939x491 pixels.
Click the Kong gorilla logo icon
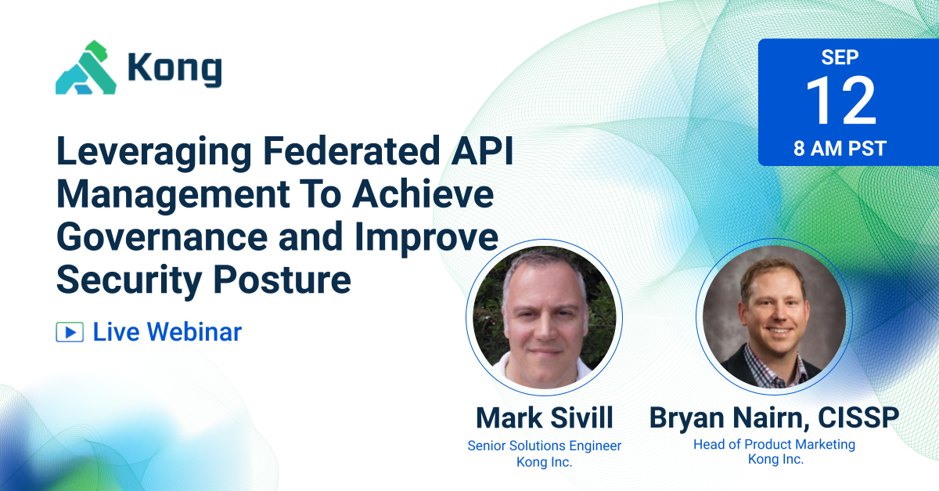click(x=85, y=68)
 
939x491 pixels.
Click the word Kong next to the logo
click(x=174, y=70)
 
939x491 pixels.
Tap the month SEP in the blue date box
click(x=840, y=57)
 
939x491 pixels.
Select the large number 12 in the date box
click(x=840, y=102)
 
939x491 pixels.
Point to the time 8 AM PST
click(x=840, y=148)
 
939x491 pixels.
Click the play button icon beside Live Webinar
click(x=70, y=332)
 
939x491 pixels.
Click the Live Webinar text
click(x=167, y=332)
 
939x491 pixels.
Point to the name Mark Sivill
click(x=544, y=417)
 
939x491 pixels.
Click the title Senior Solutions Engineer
click(x=544, y=446)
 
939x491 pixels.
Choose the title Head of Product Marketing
click(x=774, y=444)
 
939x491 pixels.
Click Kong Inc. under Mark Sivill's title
click(x=544, y=462)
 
